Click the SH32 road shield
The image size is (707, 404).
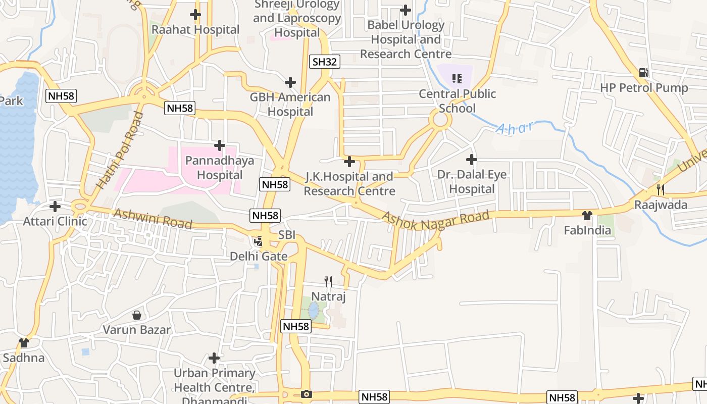pyautogui.click(x=324, y=62)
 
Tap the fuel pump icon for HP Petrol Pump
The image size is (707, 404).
pyautogui.click(x=643, y=73)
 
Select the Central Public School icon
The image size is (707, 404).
pyautogui.click(x=457, y=78)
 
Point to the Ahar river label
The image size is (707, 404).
pyautogui.click(x=515, y=128)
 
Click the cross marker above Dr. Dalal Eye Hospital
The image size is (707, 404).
pyautogui.click(x=471, y=160)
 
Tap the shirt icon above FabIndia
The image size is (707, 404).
pyautogui.click(x=587, y=216)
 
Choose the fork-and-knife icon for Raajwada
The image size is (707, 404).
pyautogui.click(x=660, y=189)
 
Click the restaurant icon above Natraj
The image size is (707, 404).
pyautogui.click(x=328, y=281)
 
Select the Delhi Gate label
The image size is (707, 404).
pyautogui.click(x=259, y=257)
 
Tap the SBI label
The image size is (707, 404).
pyautogui.click(x=287, y=235)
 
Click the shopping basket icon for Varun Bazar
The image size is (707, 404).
pyautogui.click(x=137, y=315)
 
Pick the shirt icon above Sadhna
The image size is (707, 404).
pyautogui.click(x=24, y=343)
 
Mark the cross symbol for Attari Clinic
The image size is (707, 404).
pyautogui.click(x=55, y=206)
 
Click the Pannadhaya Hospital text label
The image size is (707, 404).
pyautogui.click(x=220, y=168)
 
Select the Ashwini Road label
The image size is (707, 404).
pyautogui.click(x=153, y=219)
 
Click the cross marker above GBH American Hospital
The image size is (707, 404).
pyautogui.click(x=290, y=82)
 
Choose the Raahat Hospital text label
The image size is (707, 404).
pyautogui.click(x=195, y=30)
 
